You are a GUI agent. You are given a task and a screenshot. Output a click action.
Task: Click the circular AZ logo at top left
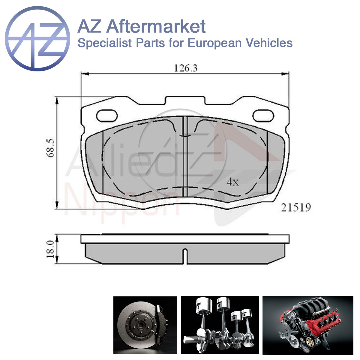point(37,39)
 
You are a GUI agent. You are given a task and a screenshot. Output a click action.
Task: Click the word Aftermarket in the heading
point(156,26)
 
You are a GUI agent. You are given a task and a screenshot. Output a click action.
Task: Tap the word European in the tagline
point(214,43)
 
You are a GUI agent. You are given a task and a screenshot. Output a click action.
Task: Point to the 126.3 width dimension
point(185,68)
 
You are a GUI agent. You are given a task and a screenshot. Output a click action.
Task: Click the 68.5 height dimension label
point(50,148)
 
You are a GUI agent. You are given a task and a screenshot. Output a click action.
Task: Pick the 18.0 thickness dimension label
point(50,249)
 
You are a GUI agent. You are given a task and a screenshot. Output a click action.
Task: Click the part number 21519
point(296,208)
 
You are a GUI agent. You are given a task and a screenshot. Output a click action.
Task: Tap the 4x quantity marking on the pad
point(232,182)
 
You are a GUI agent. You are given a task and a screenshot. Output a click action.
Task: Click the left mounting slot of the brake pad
point(107,116)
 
